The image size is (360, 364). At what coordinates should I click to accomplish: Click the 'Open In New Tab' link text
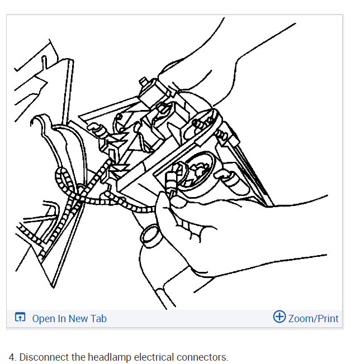[x=69, y=318]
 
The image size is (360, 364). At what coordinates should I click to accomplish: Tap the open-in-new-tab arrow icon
[x=20, y=317]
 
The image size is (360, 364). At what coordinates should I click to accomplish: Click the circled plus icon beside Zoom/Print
[x=280, y=317]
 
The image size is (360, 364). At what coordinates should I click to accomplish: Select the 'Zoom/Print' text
[x=313, y=318]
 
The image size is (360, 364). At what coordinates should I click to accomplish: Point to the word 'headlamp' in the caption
[x=110, y=357]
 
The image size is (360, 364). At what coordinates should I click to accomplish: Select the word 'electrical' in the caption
[x=154, y=357]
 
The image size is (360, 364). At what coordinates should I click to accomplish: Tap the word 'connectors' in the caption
[x=201, y=357]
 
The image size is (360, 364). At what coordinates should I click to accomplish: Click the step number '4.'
[x=12, y=357]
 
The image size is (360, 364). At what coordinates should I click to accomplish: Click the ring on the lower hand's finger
[x=150, y=236]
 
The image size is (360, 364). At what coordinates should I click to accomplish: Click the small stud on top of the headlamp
[x=144, y=82]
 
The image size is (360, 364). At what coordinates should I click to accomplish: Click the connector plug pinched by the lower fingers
[x=171, y=181]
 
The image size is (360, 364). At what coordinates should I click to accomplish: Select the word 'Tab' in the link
[x=98, y=318]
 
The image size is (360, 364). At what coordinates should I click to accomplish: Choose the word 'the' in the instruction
[x=78, y=357]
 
